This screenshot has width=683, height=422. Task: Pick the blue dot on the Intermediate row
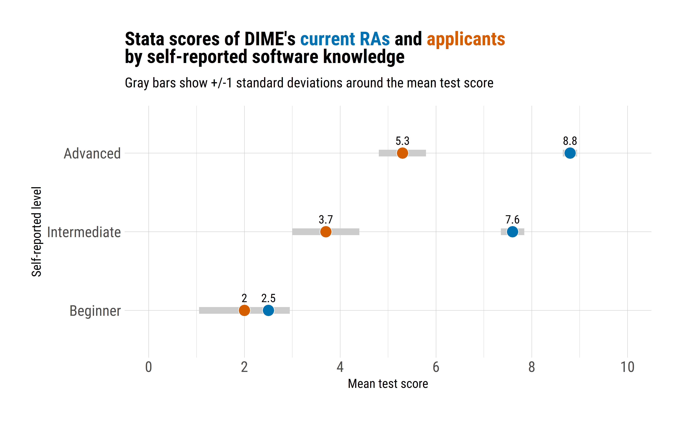pyautogui.click(x=512, y=232)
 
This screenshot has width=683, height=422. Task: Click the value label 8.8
pyautogui.click(x=570, y=141)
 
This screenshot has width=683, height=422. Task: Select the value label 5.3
pyautogui.click(x=402, y=141)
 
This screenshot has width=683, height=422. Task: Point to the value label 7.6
pyautogui.click(x=512, y=220)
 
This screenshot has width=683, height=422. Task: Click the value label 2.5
pyautogui.click(x=268, y=298)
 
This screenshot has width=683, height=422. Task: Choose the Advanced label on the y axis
pyautogui.click(x=92, y=154)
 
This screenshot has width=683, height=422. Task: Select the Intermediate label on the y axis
pyautogui.click(x=84, y=232)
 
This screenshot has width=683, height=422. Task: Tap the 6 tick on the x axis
pyautogui.click(x=436, y=367)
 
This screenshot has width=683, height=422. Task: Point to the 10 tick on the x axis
pyautogui.click(x=627, y=367)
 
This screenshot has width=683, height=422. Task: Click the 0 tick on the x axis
pyautogui.click(x=148, y=367)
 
